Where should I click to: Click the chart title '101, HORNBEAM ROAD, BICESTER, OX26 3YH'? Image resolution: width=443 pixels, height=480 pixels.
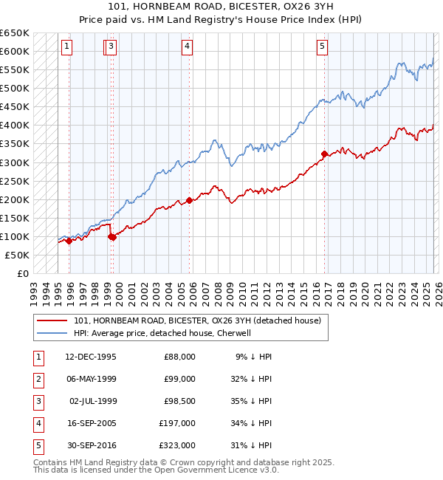tap(221, 8)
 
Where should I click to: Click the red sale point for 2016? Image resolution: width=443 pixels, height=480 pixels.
tap(324, 154)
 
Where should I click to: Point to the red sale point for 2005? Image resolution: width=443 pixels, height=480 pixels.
tap(189, 200)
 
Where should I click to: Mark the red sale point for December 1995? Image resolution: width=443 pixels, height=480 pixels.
tap(69, 241)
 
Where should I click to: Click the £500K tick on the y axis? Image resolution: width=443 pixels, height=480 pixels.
tap(14, 88)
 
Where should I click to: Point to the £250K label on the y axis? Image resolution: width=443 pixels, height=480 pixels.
tap(14, 181)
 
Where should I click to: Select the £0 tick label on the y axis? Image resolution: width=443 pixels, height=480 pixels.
tap(22, 273)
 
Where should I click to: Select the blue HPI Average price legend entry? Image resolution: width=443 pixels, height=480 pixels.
tap(162, 333)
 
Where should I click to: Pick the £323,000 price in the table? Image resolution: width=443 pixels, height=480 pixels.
tap(177, 445)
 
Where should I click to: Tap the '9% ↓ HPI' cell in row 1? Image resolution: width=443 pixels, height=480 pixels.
tap(253, 357)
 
